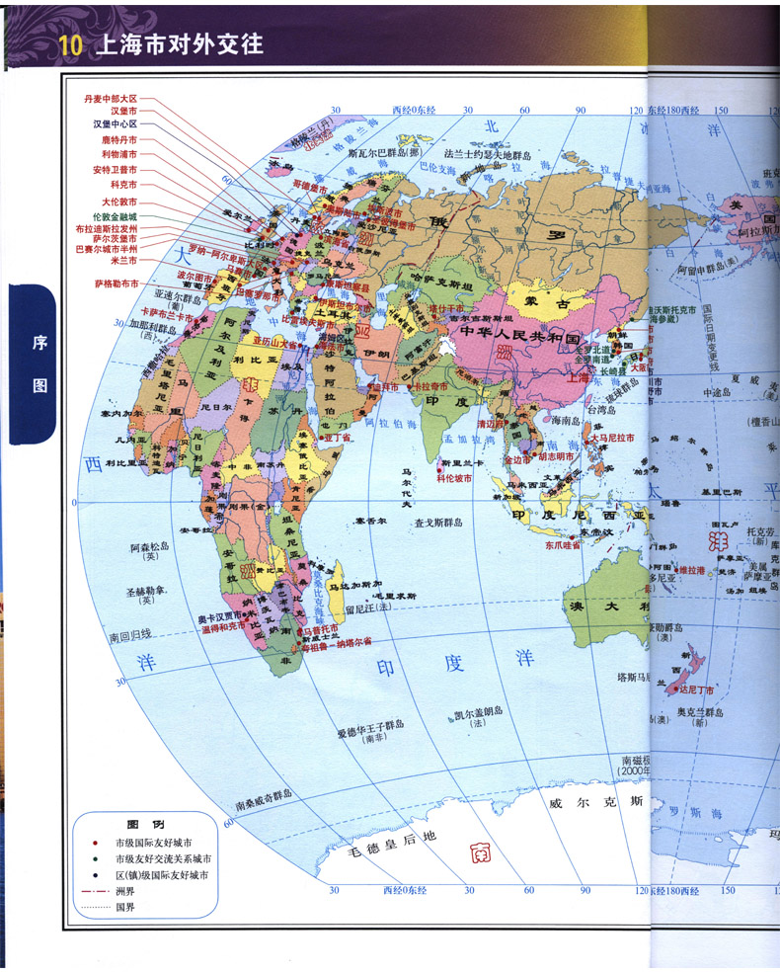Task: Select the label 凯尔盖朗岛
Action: (479, 715)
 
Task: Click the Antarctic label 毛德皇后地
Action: (387, 839)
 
